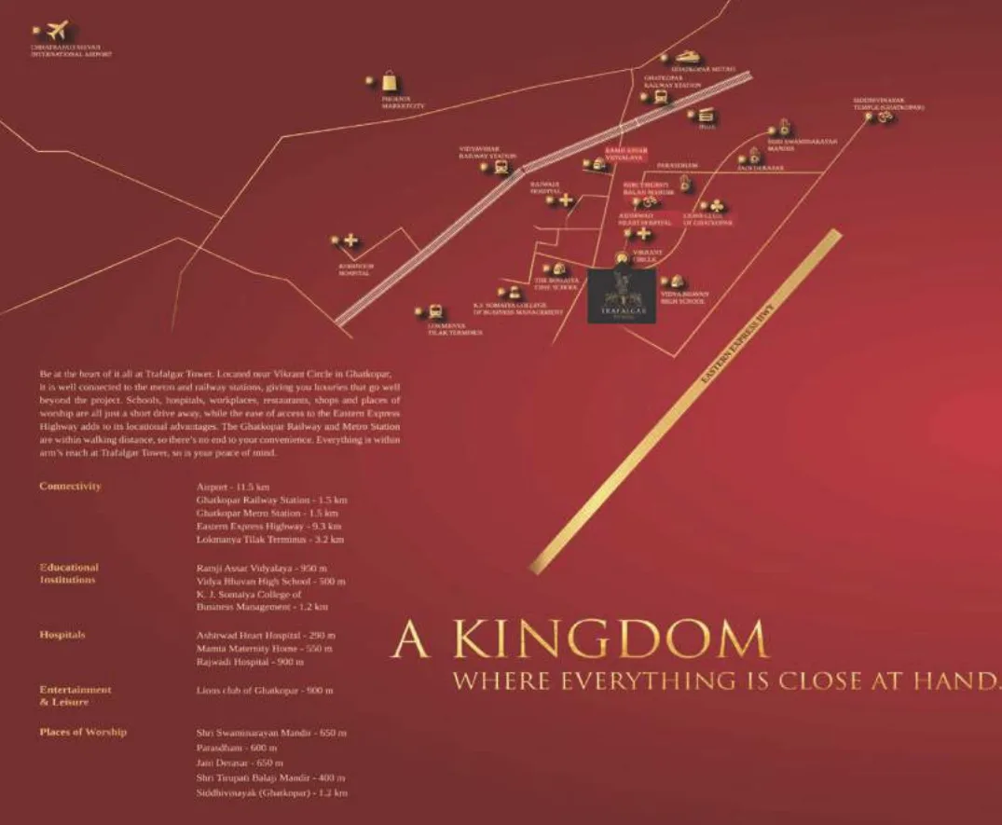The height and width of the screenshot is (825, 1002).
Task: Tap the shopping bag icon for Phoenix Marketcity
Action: [389, 82]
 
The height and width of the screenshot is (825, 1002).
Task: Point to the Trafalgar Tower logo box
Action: [622, 296]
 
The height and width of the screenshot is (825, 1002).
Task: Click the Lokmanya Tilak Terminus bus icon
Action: [434, 312]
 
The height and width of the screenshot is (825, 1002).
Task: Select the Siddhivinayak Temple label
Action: [887, 103]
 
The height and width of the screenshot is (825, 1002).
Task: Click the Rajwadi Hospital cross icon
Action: [565, 199]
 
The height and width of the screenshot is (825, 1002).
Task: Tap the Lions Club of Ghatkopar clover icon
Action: [714, 205]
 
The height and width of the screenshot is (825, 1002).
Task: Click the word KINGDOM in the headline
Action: [605, 640]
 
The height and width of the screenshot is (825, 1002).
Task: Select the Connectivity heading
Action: [70, 487]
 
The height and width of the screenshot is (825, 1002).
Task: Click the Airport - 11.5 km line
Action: [233, 488]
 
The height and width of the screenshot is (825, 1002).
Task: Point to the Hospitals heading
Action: [62, 635]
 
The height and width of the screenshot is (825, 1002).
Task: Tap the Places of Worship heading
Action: [83, 733]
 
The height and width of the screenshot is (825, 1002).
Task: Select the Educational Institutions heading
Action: [69, 573]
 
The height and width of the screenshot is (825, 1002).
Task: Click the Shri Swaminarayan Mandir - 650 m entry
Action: [271, 734]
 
